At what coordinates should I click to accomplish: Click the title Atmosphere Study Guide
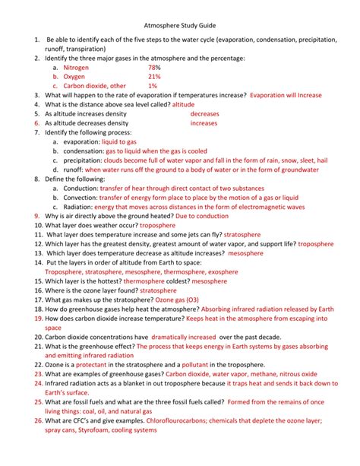pos(180,24)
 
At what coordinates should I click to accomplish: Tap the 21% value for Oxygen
pos(155,77)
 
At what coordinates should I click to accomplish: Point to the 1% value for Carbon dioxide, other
pos(153,86)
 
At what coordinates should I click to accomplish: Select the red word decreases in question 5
pos(205,113)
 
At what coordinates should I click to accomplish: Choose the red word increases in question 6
pos(204,122)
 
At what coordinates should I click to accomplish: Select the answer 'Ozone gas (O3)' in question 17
pos(182,300)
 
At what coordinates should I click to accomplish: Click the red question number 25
pos(36,401)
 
